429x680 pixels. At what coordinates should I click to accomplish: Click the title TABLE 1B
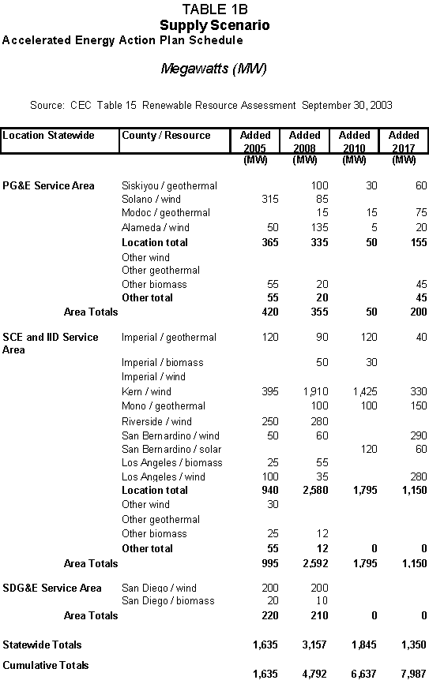(215, 9)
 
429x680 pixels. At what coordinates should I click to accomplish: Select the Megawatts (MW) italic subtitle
(213, 69)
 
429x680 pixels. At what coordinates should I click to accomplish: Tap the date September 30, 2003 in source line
(347, 106)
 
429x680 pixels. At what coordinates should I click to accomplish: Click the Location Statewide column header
(48, 136)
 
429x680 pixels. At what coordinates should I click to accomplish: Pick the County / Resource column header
(166, 136)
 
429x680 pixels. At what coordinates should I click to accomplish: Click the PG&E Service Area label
(48, 185)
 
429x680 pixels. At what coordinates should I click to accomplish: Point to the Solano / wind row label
(151, 199)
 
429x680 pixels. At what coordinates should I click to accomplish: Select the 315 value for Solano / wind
(269, 199)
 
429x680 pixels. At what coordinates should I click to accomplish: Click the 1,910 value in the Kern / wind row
(316, 391)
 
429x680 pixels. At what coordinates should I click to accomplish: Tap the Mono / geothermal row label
(164, 406)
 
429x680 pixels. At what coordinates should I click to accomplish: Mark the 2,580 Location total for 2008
(316, 490)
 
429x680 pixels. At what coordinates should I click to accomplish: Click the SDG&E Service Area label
(51, 588)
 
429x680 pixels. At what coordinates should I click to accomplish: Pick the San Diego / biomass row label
(168, 600)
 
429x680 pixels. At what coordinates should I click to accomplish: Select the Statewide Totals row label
(42, 645)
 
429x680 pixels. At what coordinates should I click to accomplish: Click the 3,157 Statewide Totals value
(314, 645)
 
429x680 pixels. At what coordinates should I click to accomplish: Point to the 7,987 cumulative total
(413, 674)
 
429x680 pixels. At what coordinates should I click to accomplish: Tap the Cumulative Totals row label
(46, 665)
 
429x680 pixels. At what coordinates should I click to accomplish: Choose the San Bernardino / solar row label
(171, 450)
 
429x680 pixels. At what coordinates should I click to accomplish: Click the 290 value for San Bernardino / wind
(419, 435)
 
